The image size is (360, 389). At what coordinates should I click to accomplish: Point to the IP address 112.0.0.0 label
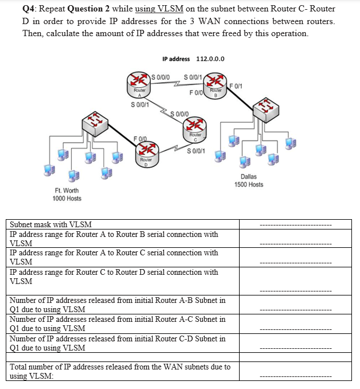193,59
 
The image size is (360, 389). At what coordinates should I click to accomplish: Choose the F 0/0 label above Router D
140,138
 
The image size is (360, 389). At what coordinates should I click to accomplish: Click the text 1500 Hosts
249,185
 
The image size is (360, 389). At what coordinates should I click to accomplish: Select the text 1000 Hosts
66,199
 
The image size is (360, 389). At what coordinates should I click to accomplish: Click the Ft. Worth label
66,190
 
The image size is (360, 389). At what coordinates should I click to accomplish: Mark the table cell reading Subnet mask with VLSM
51,224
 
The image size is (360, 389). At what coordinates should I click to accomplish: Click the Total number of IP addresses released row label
120,371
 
